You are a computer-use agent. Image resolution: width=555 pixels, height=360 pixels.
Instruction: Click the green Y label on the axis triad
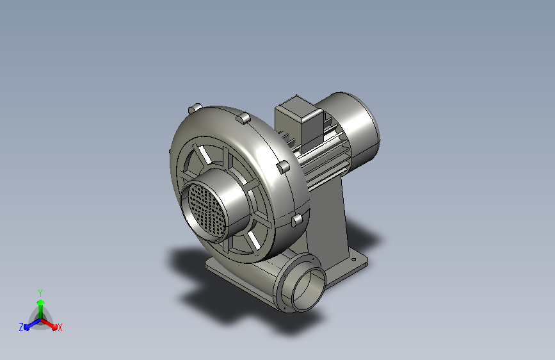click(x=40, y=293)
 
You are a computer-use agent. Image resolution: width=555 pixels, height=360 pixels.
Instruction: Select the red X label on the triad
click(x=60, y=327)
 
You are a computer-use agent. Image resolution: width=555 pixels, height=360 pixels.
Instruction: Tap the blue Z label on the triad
click(x=21, y=327)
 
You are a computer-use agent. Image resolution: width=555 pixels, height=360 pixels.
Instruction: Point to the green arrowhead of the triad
click(x=41, y=302)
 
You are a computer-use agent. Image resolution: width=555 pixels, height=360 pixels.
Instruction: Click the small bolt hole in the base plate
click(x=353, y=259)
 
